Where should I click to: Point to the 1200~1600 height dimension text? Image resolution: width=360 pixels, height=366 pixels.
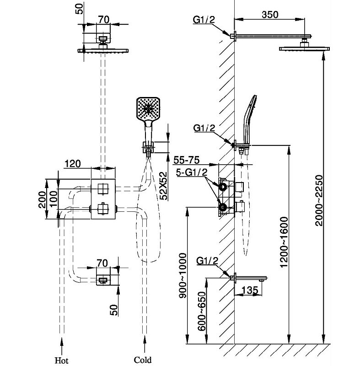click(284, 237)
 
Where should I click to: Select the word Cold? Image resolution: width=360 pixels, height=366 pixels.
click(142, 360)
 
